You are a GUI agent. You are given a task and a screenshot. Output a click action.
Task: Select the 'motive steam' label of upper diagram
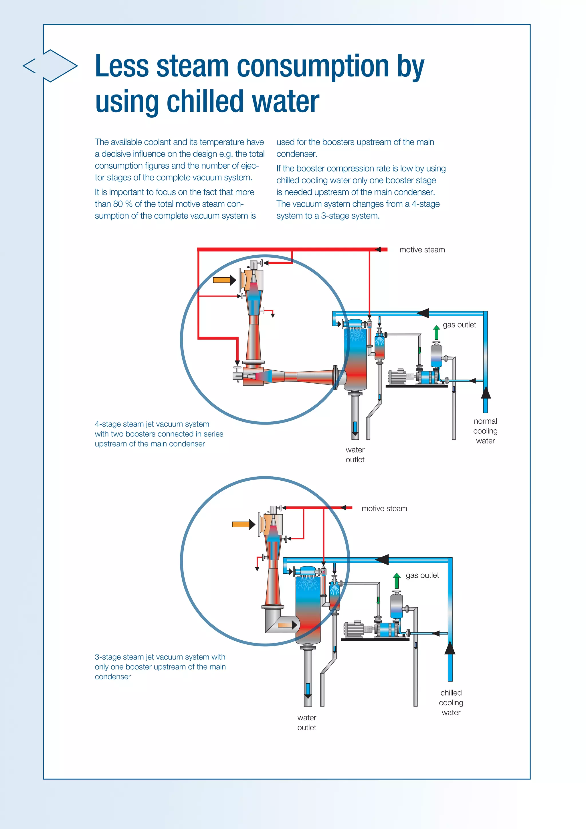[x=422, y=250]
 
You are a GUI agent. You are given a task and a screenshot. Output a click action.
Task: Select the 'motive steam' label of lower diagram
[x=384, y=508]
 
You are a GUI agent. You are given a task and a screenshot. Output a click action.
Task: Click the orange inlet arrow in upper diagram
[x=224, y=280]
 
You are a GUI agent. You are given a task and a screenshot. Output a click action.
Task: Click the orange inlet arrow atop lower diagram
[x=243, y=524]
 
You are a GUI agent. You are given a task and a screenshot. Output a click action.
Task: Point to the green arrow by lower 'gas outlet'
[x=397, y=581]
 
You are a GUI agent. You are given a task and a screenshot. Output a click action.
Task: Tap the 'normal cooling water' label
[x=485, y=431]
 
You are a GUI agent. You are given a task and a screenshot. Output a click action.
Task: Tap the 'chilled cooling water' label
[x=451, y=703]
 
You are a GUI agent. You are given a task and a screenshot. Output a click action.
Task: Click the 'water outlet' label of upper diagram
[x=355, y=455]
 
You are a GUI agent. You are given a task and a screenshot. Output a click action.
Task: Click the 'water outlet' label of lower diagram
[x=307, y=723]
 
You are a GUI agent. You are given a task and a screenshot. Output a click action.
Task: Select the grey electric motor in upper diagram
[x=397, y=377]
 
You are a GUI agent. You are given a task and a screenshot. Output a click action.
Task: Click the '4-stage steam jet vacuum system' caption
[x=152, y=424]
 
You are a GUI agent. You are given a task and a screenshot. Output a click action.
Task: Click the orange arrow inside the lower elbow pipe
[x=287, y=625]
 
